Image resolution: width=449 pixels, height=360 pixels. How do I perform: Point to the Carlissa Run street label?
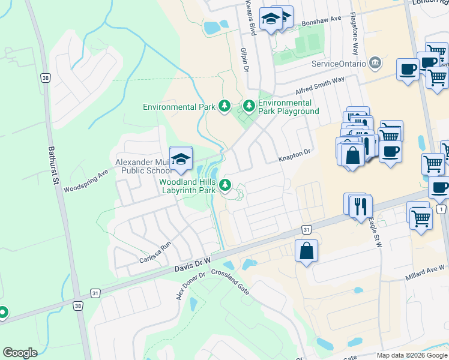(155, 253)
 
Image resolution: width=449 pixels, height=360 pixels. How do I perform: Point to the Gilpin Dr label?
(244, 60)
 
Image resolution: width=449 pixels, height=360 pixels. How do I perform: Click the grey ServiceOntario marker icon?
(375, 62)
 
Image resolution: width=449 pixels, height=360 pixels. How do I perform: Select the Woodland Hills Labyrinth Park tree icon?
(225, 185)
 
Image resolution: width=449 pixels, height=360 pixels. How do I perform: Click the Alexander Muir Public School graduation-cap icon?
(180, 158)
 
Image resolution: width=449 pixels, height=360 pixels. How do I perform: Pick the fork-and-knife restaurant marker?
(360, 206)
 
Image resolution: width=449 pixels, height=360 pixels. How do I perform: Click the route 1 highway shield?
(442, 209)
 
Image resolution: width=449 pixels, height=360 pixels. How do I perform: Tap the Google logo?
(20, 352)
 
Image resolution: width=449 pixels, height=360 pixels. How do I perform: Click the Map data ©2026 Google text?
(411, 355)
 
